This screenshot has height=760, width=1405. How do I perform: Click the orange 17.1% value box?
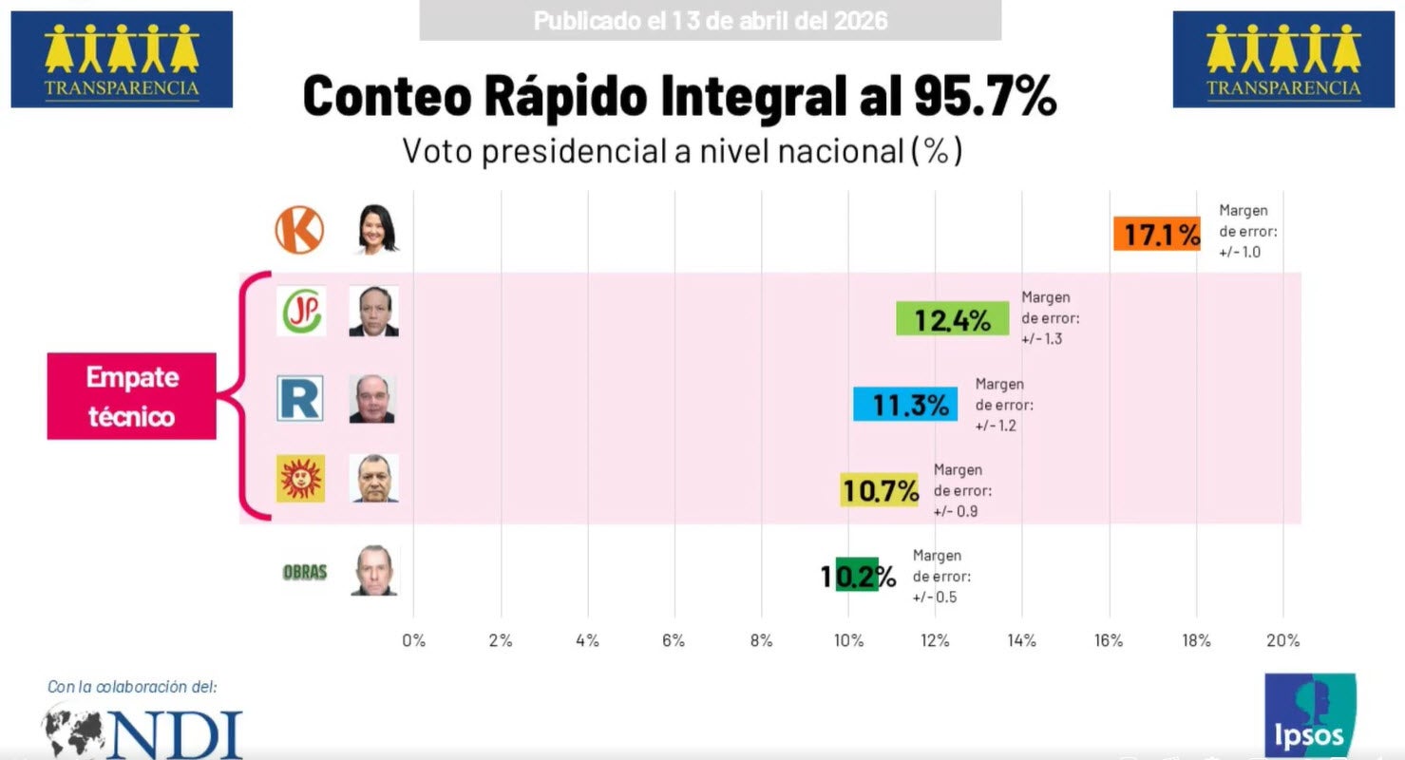point(1156,234)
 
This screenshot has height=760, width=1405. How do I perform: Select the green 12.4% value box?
point(953,318)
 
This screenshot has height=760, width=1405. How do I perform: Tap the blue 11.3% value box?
point(905,404)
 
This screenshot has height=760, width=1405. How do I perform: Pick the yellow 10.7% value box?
point(879,489)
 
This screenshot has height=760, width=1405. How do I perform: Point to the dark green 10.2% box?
point(857,575)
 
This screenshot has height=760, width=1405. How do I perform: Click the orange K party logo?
point(299,230)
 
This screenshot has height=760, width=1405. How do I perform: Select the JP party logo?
point(300,312)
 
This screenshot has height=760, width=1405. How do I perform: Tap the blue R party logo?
point(300,398)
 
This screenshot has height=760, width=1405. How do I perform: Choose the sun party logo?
point(300,478)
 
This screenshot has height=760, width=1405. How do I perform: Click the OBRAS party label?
point(305,572)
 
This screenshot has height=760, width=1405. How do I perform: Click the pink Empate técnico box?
point(132,396)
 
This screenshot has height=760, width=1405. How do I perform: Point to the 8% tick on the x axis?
point(761,640)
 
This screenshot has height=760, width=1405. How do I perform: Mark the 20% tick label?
point(1282,640)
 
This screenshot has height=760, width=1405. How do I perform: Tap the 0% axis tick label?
point(413,640)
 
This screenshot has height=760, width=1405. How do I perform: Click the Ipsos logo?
point(1309,715)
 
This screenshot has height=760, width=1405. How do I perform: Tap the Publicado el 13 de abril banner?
point(710,20)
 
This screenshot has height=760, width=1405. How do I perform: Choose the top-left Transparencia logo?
point(122,59)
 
